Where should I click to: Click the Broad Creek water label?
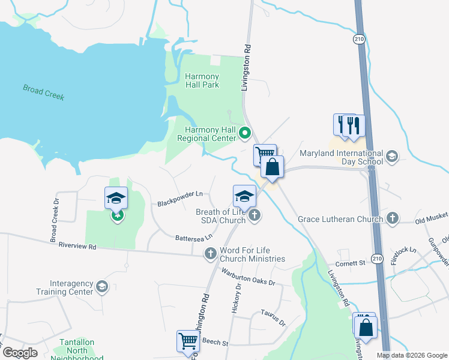click(43, 92)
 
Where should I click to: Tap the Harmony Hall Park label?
click(202, 80)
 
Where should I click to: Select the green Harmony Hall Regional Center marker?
click(244, 133)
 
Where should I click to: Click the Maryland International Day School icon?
click(391, 157)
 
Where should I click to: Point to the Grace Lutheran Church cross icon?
click(393, 218)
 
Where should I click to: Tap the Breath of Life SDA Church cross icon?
click(255, 215)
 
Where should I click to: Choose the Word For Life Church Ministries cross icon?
click(211, 254)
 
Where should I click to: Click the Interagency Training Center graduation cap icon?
click(102, 287)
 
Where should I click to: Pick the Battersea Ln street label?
click(194, 238)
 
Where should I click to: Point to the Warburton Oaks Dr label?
click(248, 277)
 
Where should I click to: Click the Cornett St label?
click(351, 263)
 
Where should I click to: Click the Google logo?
click(20, 353)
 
